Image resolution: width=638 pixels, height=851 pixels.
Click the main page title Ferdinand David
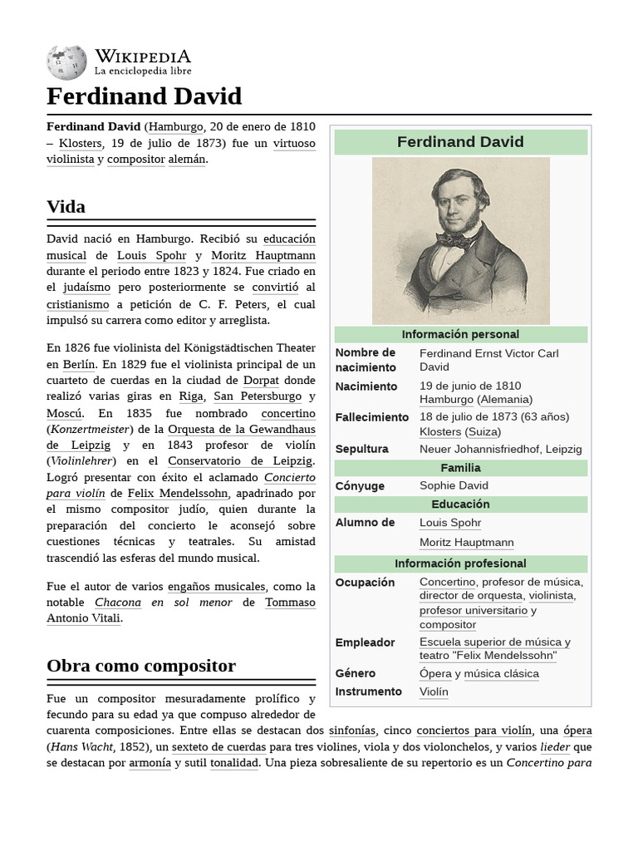144,96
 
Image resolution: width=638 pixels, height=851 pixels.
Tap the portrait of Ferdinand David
460,240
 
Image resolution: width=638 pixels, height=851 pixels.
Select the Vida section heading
66,206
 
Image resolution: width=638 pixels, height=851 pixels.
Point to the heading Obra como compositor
141,666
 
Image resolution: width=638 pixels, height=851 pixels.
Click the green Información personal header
460,334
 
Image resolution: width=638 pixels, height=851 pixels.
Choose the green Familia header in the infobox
460,468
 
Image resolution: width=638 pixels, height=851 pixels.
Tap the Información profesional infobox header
460,563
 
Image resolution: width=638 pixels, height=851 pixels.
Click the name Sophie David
454,485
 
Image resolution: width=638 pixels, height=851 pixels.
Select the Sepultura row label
361,449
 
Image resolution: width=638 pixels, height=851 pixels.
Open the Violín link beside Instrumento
434,691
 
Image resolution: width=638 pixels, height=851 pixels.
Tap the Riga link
191,396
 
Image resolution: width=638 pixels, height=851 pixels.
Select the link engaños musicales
216,586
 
